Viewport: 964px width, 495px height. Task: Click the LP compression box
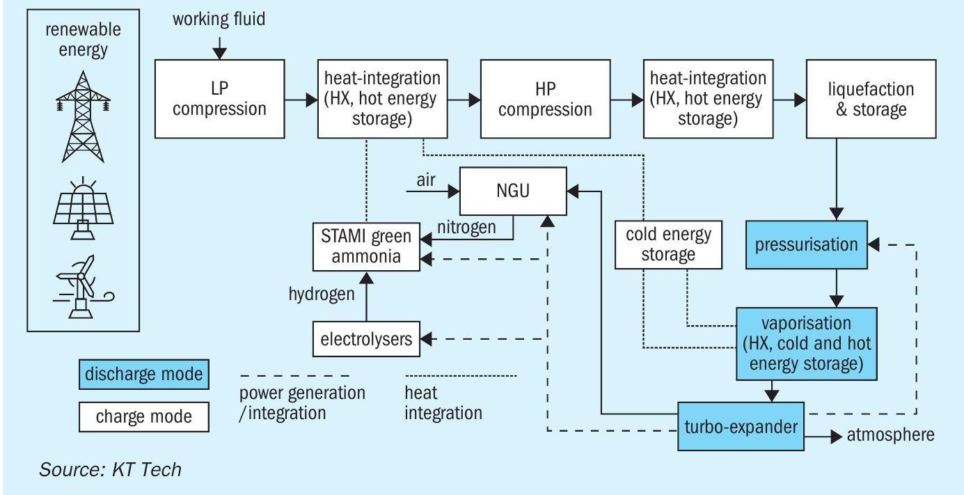pyautogui.click(x=219, y=100)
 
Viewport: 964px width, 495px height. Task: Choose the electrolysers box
pyautogui.click(x=367, y=340)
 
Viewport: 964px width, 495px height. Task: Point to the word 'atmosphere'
pyautogui.click(x=890, y=435)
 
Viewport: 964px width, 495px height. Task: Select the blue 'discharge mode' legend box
pyautogui.click(x=144, y=375)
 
